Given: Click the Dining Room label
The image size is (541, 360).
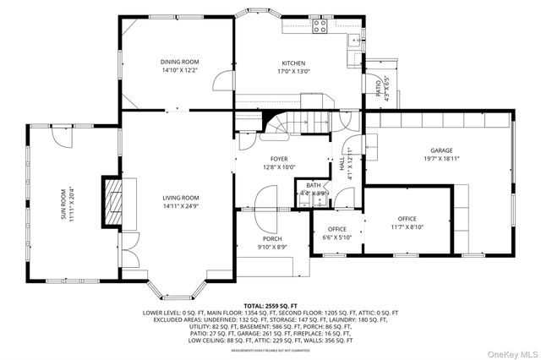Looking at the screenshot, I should point(179,62).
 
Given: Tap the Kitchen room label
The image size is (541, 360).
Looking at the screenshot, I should point(293,63).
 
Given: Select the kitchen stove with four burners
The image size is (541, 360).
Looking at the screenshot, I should point(320,26).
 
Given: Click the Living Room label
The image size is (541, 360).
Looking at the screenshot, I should point(180,199).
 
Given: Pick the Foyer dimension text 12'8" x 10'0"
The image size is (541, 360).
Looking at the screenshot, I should point(279,166).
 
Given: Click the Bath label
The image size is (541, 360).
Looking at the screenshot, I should point(314,185).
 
